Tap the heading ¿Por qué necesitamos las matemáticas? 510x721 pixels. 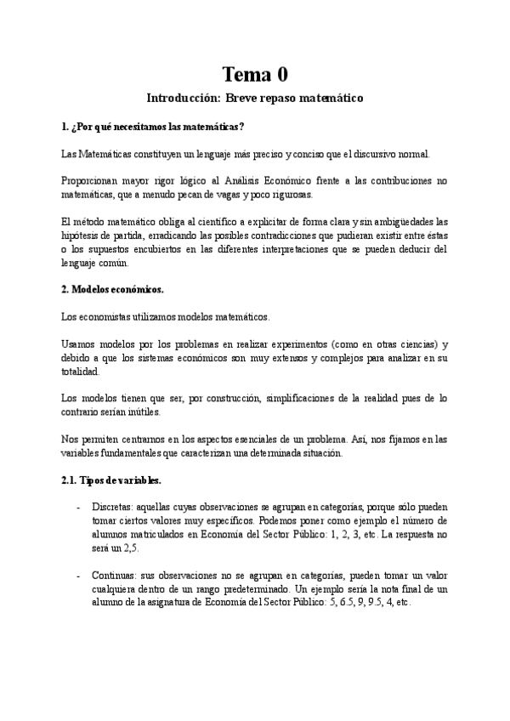[x=154, y=128]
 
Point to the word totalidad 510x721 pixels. [x=86, y=372]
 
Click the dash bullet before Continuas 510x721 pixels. [x=80, y=576]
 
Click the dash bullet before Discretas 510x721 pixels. [x=80, y=508]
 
